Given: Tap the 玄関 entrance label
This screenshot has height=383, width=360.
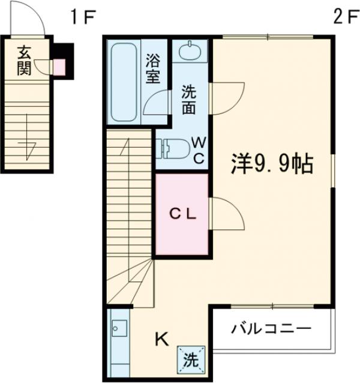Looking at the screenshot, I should coord(23,60).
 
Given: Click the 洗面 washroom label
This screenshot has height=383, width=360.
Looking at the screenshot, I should coord(189,100).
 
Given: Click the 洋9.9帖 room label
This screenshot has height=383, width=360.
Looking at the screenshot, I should coord(272,163).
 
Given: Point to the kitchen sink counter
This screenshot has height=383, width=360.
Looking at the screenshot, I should coord(118,339).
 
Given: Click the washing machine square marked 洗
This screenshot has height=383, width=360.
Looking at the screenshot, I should coord(190,360).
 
